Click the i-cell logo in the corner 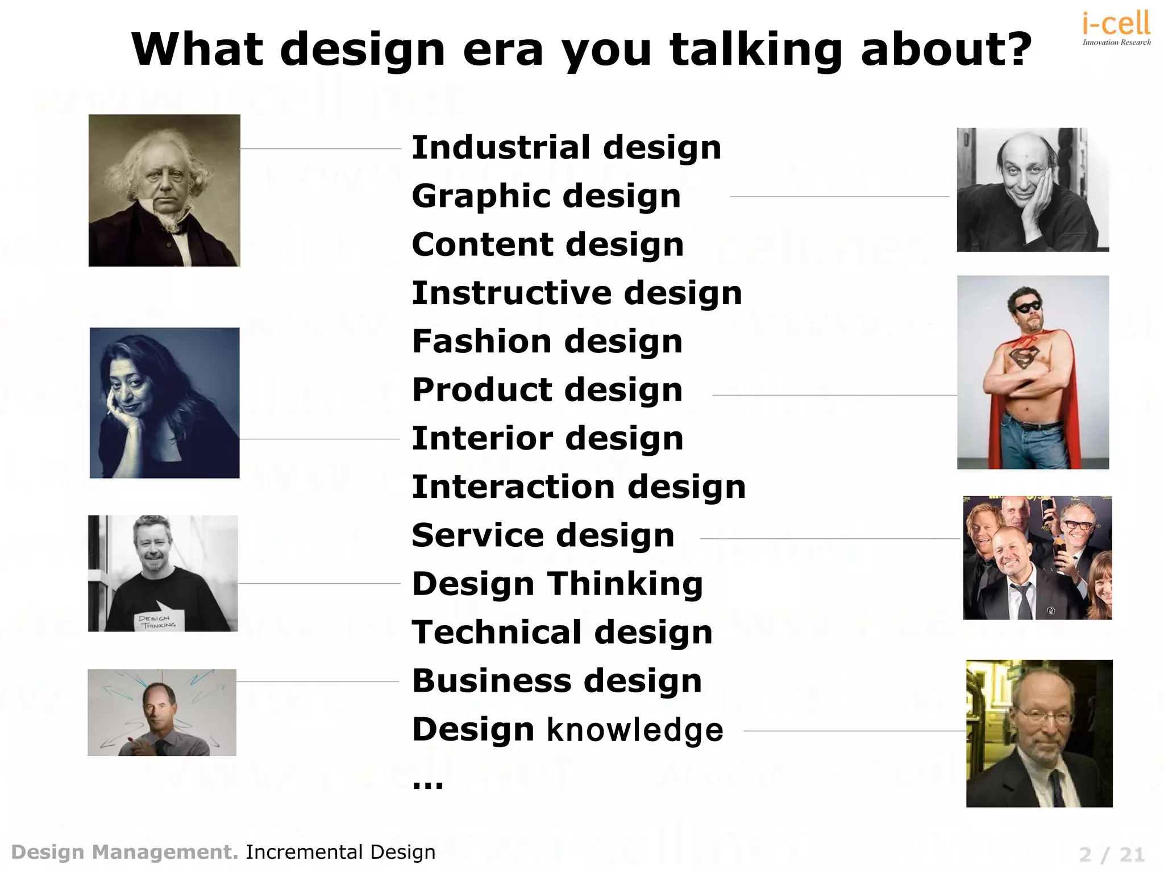click(x=1116, y=27)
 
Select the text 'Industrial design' click(x=566, y=148)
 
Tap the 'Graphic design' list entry click(x=546, y=196)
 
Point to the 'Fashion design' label click(x=547, y=342)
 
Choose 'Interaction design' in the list click(x=579, y=487)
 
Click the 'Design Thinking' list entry click(x=558, y=584)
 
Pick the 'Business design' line click(x=557, y=681)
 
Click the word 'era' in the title click(x=503, y=49)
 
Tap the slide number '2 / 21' click(x=1112, y=854)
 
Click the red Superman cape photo click(x=1033, y=372)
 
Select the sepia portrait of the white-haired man click(x=164, y=190)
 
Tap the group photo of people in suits click(x=1037, y=558)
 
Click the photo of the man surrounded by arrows click(x=162, y=712)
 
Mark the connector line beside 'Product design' click(x=834, y=395)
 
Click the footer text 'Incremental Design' click(x=340, y=853)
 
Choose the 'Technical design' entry click(x=562, y=633)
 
